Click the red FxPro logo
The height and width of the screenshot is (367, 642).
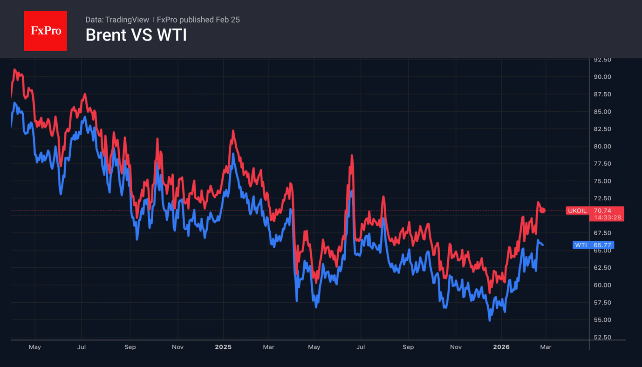(45, 31)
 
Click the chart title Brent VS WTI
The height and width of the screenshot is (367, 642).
(136, 35)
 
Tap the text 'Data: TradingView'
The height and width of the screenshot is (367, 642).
(117, 20)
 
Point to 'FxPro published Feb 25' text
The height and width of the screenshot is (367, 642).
(198, 20)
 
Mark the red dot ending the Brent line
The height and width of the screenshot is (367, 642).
(542, 211)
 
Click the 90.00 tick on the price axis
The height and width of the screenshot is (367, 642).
(602, 77)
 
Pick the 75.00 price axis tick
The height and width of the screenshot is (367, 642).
(602, 181)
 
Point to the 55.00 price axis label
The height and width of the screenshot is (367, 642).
(602, 320)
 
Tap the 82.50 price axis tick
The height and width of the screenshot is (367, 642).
(602, 129)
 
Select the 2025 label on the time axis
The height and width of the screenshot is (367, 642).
(223, 347)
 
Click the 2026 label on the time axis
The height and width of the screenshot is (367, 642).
(501, 347)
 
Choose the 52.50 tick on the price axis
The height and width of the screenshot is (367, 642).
(602, 337)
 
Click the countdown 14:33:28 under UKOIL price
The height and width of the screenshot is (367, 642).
(607, 217)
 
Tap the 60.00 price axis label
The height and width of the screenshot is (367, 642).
(602, 285)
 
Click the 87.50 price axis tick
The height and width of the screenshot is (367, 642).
(602, 95)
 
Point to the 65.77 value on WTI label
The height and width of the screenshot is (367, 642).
(602, 245)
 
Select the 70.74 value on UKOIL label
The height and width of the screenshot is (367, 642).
(602, 211)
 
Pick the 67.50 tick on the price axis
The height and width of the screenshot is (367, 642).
(602, 233)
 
